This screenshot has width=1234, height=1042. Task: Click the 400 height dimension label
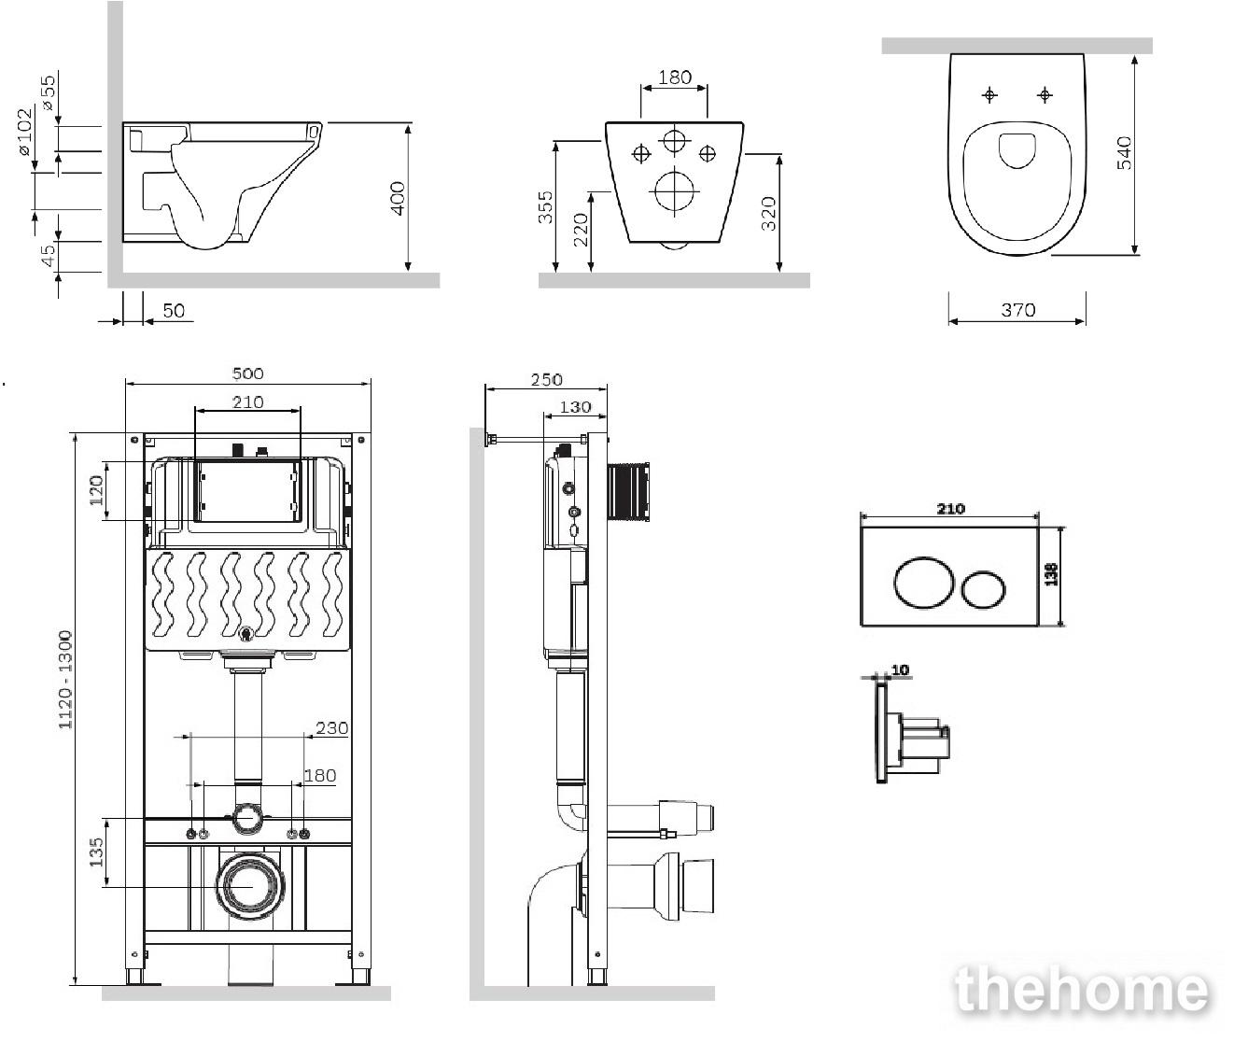click(399, 198)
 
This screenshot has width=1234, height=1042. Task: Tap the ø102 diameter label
click(25, 132)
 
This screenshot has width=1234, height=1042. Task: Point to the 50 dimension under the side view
click(174, 311)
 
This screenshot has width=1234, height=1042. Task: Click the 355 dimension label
click(545, 207)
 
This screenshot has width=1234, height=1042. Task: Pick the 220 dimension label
click(581, 230)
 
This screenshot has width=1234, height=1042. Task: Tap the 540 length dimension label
click(1124, 152)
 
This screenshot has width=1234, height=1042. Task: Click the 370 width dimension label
click(1017, 310)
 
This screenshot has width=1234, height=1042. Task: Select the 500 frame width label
click(247, 373)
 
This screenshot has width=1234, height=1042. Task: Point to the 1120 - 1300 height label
click(65, 680)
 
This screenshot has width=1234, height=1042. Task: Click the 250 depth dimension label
click(546, 380)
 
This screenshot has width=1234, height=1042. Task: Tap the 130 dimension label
click(575, 407)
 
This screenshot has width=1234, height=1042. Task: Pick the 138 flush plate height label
click(1051, 574)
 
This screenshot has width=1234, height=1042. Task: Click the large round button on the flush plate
click(923, 582)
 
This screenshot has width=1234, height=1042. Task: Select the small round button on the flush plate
click(984, 589)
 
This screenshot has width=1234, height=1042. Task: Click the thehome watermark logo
click(1081, 991)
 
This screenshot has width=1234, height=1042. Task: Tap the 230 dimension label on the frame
click(331, 728)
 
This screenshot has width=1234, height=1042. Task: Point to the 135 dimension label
click(96, 852)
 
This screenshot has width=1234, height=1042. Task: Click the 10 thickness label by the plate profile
click(900, 670)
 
